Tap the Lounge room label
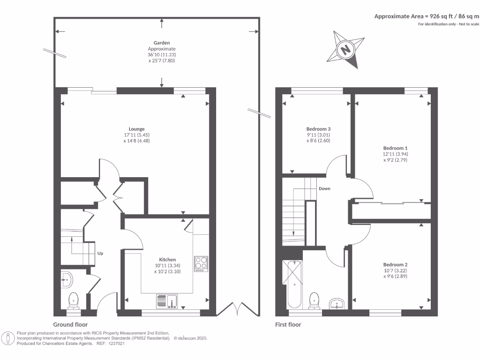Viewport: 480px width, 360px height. (137, 129)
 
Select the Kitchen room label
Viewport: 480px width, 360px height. (167, 260)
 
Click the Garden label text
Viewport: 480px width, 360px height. (162, 43)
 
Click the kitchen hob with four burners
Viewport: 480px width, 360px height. (201, 263)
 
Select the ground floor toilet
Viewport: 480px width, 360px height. (74, 300)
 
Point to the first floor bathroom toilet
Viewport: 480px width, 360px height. (314, 300)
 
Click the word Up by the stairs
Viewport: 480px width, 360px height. (100, 254)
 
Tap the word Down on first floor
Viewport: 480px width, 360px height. (324, 189)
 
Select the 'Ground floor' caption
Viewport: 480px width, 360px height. (70, 324)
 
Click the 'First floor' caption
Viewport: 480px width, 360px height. (288, 324)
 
